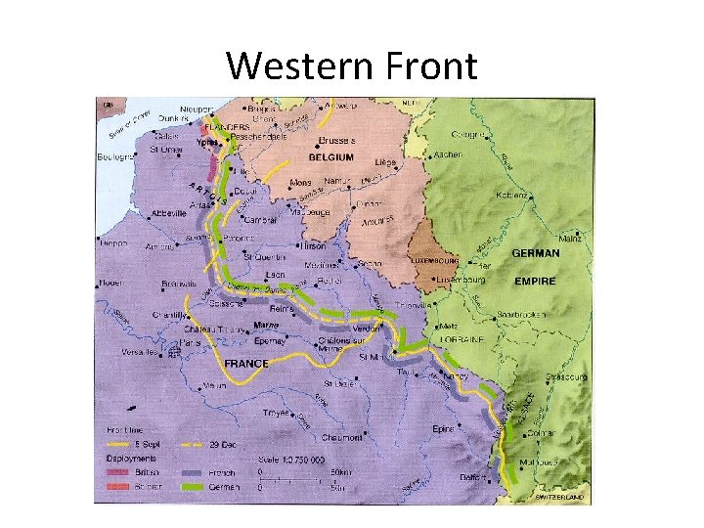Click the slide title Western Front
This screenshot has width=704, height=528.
(x=352, y=66)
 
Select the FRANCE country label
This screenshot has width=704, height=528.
(x=246, y=363)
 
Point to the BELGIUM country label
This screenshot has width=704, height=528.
(x=331, y=156)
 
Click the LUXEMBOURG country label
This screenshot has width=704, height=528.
(x=434, y=262)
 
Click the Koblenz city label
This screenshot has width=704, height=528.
(x=514, y=195)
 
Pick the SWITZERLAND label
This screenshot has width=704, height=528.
(x=558, y=497)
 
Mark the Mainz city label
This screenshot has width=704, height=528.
(x=571, y=238)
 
